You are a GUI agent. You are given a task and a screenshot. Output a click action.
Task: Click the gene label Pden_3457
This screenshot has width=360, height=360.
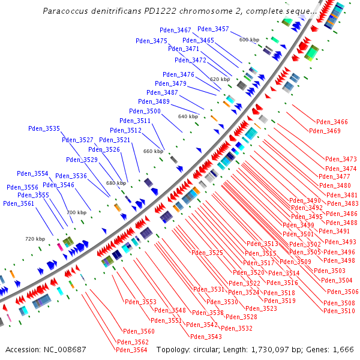click(213, 29)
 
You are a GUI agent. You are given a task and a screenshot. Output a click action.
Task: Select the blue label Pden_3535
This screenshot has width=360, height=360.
click(44, 128)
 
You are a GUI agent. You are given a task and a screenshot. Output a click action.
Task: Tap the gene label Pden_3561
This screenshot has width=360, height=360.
click(19, 203)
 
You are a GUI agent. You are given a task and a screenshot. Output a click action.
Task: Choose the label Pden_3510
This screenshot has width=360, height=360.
click(338, 311)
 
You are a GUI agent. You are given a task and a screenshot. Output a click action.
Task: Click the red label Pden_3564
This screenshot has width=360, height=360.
click(131, 350)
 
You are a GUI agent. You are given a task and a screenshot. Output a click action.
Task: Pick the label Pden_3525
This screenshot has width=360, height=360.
click(208, 253)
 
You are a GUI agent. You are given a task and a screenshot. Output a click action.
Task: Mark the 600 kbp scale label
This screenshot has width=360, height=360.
click(248, 40)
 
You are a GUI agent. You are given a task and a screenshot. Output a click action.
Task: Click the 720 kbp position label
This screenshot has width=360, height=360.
click(35, 239)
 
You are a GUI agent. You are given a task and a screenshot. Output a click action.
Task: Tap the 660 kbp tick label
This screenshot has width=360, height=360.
click(153, 151)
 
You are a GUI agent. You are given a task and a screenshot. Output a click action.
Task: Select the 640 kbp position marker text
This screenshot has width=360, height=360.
click(188, 116)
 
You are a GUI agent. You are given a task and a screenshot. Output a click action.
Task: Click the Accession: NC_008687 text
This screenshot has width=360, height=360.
click(46, 349)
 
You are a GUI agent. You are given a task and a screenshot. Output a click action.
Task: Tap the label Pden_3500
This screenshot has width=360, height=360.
click(145, 111)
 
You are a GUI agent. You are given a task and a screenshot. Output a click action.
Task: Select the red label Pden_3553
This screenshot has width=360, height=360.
click(140, 302)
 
